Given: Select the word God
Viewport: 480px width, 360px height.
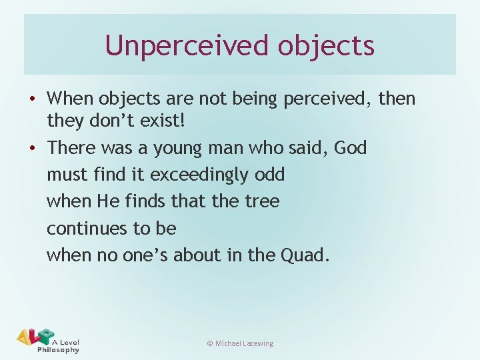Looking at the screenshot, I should pyautogui.click(x=351, y=147).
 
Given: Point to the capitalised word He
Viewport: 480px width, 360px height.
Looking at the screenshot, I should pyautogui.click(x=107, y=201).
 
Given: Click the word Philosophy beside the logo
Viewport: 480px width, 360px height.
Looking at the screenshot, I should pyautogui.click(x=59, y=349).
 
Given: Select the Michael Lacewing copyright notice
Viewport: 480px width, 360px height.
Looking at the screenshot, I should pyautogui.click(x=240, y=343).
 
